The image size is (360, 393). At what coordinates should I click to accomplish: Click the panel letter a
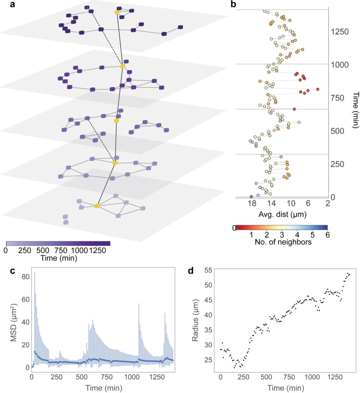tap(13, 4)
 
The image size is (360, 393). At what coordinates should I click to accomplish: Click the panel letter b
tap(233, 4)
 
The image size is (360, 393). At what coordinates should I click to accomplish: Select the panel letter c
tap(13, 271)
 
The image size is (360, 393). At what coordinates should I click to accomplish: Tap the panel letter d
tap(191, 270)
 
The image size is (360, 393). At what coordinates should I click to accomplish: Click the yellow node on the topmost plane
tap(117, 12)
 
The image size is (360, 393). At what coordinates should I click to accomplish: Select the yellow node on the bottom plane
tap(97, 206)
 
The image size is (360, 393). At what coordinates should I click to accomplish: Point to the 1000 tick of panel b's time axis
tap(340, 65)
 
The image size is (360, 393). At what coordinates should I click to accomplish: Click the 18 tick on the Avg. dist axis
tap(252, 203)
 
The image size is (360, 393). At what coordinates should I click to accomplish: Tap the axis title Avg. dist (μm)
tap(282, 214)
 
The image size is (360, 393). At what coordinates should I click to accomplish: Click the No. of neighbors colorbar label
tap(283, 242)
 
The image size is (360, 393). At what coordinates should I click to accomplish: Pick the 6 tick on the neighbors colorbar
tap(327, 235)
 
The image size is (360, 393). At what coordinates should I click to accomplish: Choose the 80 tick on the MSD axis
tap(25, 277)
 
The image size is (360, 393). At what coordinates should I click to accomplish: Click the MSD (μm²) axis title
tap(13, 323)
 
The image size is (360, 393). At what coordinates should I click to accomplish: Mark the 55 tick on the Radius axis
tap(208, 270)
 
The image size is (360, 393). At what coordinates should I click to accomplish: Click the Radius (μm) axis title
tap(195, 320)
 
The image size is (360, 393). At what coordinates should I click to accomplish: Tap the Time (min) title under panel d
tap(286, 388)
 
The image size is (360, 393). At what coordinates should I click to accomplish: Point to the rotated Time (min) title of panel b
tap(356, 110)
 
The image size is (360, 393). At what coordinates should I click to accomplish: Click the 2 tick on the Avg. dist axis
tap(328, 203)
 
